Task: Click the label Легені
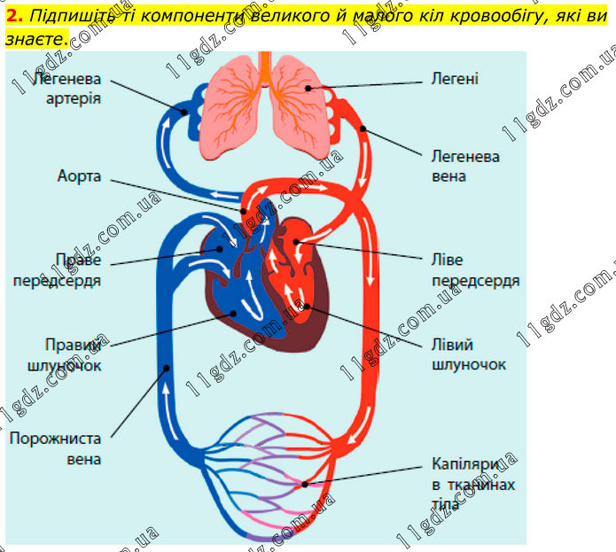point(455,78)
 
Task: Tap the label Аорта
point(79,177)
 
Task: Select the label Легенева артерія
point(67,88)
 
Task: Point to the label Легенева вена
point(465,166)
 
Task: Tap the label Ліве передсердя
point(475,270)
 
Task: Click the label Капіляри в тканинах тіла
point(472,484)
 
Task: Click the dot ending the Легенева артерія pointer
point(184,113)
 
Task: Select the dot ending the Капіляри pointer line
point(307,484)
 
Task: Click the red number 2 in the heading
point(11,15)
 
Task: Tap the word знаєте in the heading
point(34,40)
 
